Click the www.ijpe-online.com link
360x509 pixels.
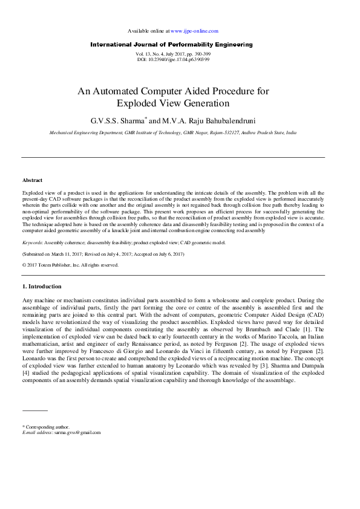pos(194,30)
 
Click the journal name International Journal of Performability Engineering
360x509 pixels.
pos(171,45)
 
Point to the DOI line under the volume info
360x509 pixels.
pos(173,60)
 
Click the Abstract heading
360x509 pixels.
pos(32,181)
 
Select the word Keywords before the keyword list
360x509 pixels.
pos(33,242)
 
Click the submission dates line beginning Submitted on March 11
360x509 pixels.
pos(103,254)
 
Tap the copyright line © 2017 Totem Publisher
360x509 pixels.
pos(70,265)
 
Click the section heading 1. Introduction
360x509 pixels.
pos(42,287)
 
